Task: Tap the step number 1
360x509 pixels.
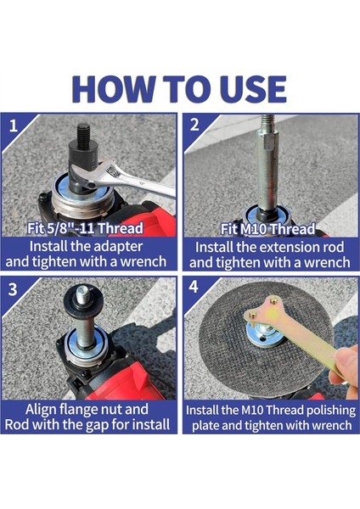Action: coord(13,126)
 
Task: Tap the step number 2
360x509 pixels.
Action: coord(194,125)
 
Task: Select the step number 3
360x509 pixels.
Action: coord(13,288)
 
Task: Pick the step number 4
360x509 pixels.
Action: coord(194,287)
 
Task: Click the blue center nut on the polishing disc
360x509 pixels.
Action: coord(264,335)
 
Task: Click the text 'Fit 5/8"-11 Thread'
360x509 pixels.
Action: coord(85,228)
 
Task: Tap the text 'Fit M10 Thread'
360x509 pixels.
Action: coord(267,229)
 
